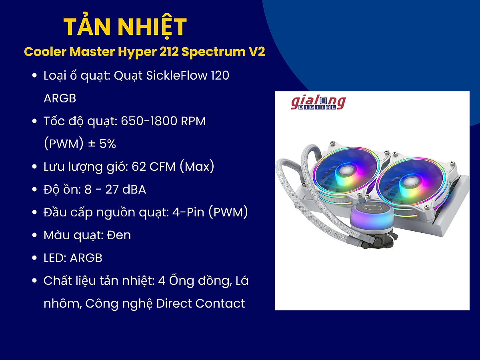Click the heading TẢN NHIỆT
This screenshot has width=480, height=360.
(x=125, y=27)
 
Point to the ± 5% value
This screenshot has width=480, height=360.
(x=102, y=144)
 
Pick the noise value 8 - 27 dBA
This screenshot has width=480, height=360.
(x=115, y=189)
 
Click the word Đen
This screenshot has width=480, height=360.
(x=119, y=235)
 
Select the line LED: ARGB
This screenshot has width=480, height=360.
(x=73, y=258)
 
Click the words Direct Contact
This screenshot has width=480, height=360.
(x=200, y=304)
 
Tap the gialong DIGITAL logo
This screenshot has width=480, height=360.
(x=318, y=103)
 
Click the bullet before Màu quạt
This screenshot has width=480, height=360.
(x=35, y=235)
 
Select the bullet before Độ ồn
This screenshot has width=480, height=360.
(x=35, y=189)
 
